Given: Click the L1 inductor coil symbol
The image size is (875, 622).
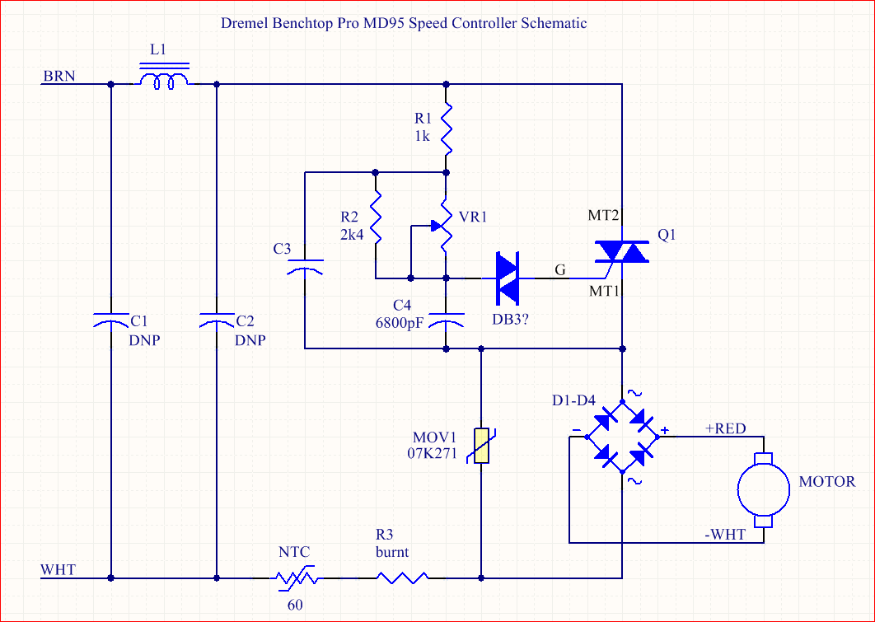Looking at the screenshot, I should [x=163, y=80].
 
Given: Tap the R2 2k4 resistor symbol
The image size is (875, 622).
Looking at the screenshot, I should [x=375, y=217].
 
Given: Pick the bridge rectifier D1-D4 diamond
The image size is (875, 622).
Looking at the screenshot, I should [x=622, y=437].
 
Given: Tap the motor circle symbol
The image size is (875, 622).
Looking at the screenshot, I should [x=763, y=489].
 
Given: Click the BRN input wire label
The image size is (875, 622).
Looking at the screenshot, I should [x=59, y=77].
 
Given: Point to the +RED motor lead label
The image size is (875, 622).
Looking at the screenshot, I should [x=725, y=428].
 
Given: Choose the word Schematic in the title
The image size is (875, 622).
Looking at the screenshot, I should [x=554, y=23].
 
